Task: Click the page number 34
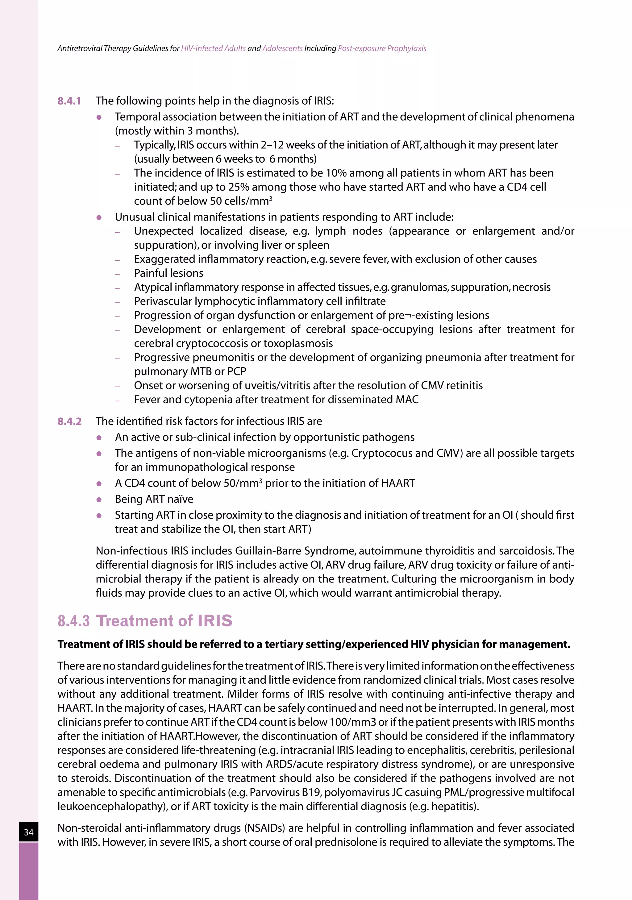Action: tap(29, 832)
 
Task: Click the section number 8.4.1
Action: tap(69, 101)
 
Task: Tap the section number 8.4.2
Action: tap(70, 421)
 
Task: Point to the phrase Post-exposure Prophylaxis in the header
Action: tap(382, 49)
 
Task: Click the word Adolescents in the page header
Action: tap(282, 49)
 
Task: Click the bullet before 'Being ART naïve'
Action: tap(99, 500)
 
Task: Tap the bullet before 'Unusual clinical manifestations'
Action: tap(99, 218)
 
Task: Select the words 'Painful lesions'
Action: tap(168, 273)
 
